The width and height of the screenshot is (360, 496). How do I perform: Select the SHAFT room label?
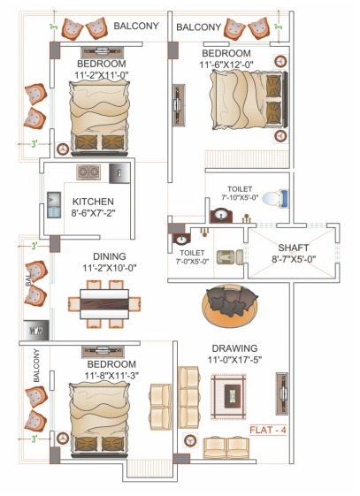[293, 248]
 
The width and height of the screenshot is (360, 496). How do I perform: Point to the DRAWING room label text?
[234, 347]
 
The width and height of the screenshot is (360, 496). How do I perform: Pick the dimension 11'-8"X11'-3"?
[111, 376]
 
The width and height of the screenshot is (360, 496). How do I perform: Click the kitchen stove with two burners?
[88, 172]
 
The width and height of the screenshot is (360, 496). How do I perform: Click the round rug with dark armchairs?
[229, 306]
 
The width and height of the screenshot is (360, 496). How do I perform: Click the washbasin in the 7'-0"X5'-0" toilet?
[180, 239]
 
